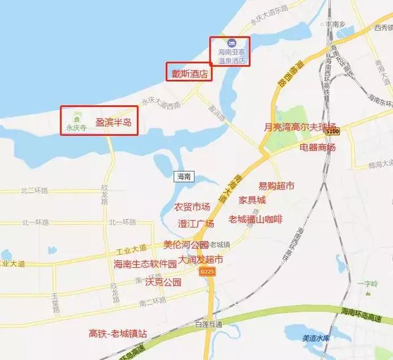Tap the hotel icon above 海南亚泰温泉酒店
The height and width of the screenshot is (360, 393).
tap(232, 43)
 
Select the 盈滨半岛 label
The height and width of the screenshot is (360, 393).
tap(114, 123)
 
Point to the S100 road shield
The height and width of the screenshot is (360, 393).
tap(332, 131)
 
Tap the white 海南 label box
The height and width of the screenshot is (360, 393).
tap(184, 176)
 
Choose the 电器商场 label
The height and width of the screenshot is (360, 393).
tap(317, 147)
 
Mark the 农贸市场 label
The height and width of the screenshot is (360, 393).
tap(192, 206)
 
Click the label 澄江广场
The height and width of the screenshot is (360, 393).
tap(195, 224)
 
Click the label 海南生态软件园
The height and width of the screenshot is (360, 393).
tap(145, 264)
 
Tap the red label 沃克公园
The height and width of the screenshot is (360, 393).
tap(163, 283)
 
